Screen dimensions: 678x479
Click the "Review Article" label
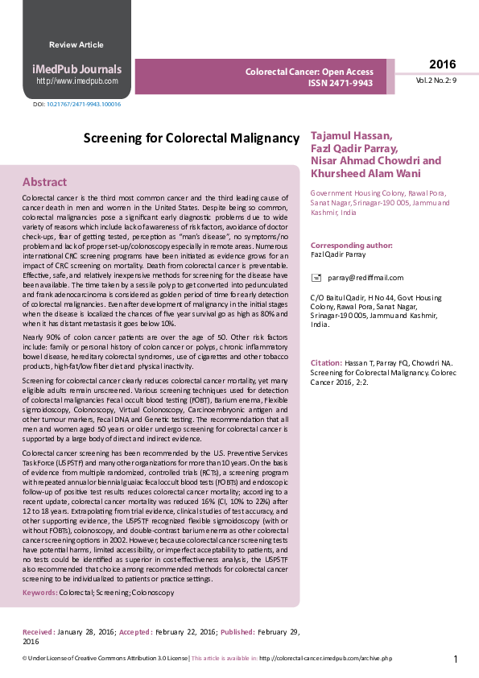(x=76, y=45)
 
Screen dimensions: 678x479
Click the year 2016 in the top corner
(x=442, y=65)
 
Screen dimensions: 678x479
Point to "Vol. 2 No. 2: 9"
(x=436, y=81)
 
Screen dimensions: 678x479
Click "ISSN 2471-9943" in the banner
(x=341, y=83)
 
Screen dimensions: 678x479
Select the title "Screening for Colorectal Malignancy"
(x=192, y=138)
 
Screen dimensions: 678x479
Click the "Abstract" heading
(x=44, y=182)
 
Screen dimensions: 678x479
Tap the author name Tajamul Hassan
(x=351, y=135)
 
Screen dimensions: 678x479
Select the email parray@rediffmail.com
(x=365, y=278)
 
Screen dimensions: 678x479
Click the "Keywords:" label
(x=39, y=593)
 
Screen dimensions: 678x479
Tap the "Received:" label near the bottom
(x=39, y=632)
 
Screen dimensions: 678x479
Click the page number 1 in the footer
(x=456, y=659)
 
